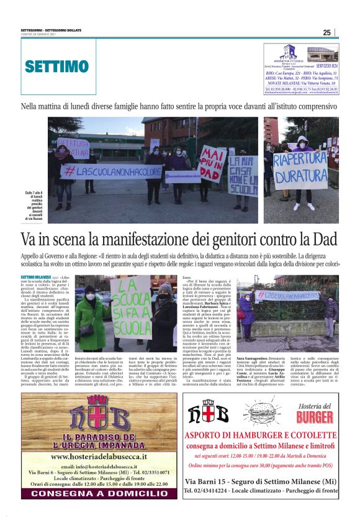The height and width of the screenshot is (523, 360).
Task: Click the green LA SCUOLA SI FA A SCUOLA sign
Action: (x=131, y=307)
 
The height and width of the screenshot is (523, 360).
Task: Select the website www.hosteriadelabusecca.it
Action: (x=99, y=455)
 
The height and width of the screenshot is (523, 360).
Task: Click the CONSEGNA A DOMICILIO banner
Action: (x=99, y=493)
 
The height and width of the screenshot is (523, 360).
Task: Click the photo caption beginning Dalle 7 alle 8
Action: (x=36, y=205)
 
